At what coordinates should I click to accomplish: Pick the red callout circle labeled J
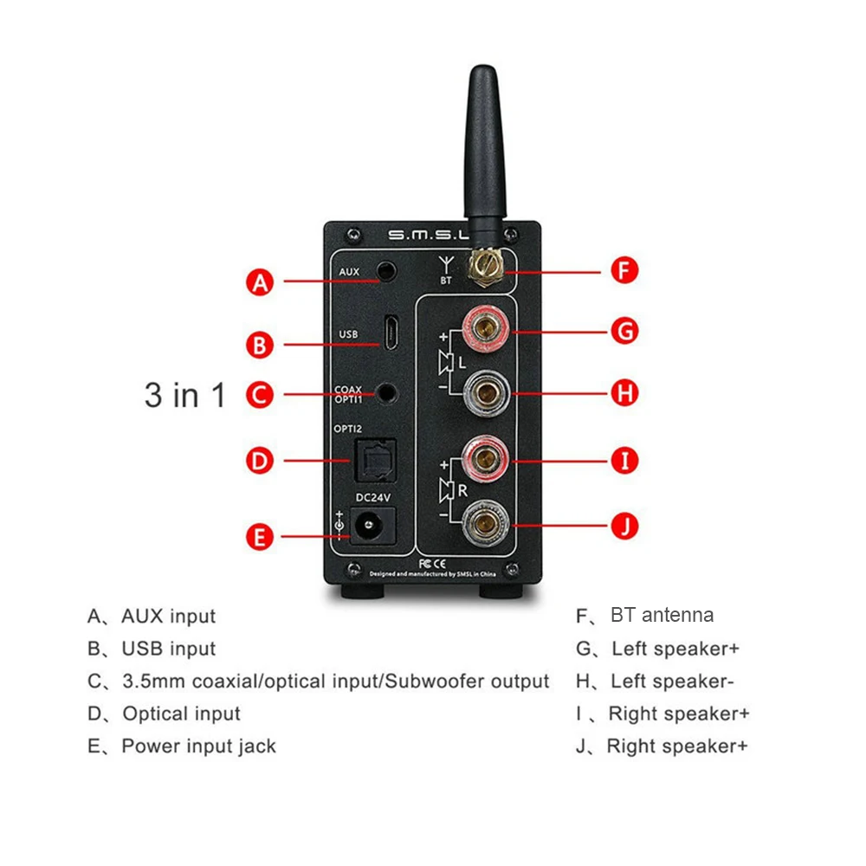tap(624, 525)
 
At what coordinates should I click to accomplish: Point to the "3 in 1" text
tap(184, 396)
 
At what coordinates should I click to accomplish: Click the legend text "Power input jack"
tap(198, 746)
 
